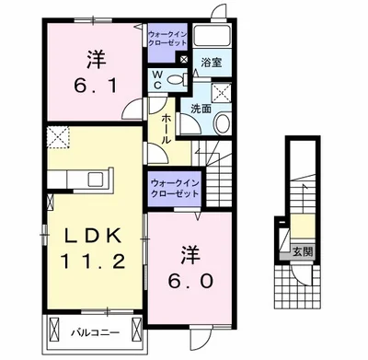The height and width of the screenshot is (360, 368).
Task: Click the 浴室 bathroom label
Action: pyautogui.click(x=212, y=63)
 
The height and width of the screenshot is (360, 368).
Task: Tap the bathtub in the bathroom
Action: pyautogui.click(x=213, y=36)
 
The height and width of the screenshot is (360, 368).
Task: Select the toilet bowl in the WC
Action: pyautogui.click(x=175, y=80)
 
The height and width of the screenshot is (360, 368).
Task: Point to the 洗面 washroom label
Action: pyautogui.click(x=201, y=109)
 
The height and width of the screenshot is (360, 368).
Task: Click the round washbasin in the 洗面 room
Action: pyautogui.click(x=222, y=123)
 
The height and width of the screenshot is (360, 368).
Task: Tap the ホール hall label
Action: pyautogui.click(x=166, y=129)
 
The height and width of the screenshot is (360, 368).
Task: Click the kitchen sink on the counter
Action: pyautogui.click(x=97, y=179)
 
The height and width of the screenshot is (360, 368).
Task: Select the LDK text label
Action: pyautogui.click(x=93, y=237)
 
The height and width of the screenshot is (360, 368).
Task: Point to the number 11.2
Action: pyautogui.click(x=93, y=261)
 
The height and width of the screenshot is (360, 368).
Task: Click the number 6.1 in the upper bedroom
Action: pyautogui.click(x=96, y=87)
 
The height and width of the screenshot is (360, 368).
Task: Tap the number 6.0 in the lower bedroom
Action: pyautogui.click(x=190, y=281)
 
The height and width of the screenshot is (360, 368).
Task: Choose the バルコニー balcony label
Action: pyautogui.click(x=95, y=332)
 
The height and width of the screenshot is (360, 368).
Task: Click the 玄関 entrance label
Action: pyautogui.click(x=303, y=252)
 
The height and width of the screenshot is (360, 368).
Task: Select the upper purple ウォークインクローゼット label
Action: pyautogui.click(x=167, y=38)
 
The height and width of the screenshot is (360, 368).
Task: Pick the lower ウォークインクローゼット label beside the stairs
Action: pyautogui.click(x=175, y=188)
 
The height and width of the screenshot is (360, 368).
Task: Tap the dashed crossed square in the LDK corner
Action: pyautogui.click(x=58, y=137)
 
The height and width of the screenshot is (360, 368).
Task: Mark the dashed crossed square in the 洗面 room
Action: pyautogui.click(x=222, y=91)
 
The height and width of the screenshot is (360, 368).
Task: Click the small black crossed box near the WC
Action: pyautogui.click(x=184, y=59)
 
